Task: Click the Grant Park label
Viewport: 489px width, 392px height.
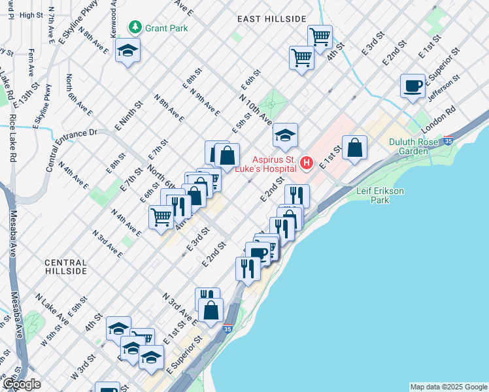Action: [x=167, y=27]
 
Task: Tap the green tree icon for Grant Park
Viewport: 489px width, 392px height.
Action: [x=135, y=27]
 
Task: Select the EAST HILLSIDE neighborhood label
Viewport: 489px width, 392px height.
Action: [x=272, y=19]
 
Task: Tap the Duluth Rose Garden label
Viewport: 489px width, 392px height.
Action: [x=418, y=146]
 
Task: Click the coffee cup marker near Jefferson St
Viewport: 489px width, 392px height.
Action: [x=413, y=86]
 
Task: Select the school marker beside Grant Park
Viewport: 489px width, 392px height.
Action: [x=127, y=50]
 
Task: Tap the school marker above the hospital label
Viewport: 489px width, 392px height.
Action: [x=286, y=135]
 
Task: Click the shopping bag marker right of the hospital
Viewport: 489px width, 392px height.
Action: [x=354, y=148]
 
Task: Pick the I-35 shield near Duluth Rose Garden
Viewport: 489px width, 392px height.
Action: [x=448, y=140]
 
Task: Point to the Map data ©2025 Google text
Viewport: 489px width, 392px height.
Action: [x=448, y=387]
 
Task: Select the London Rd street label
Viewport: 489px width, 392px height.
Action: [x=442, y=117]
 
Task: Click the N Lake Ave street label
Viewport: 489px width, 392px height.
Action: [x=53, y=309]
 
